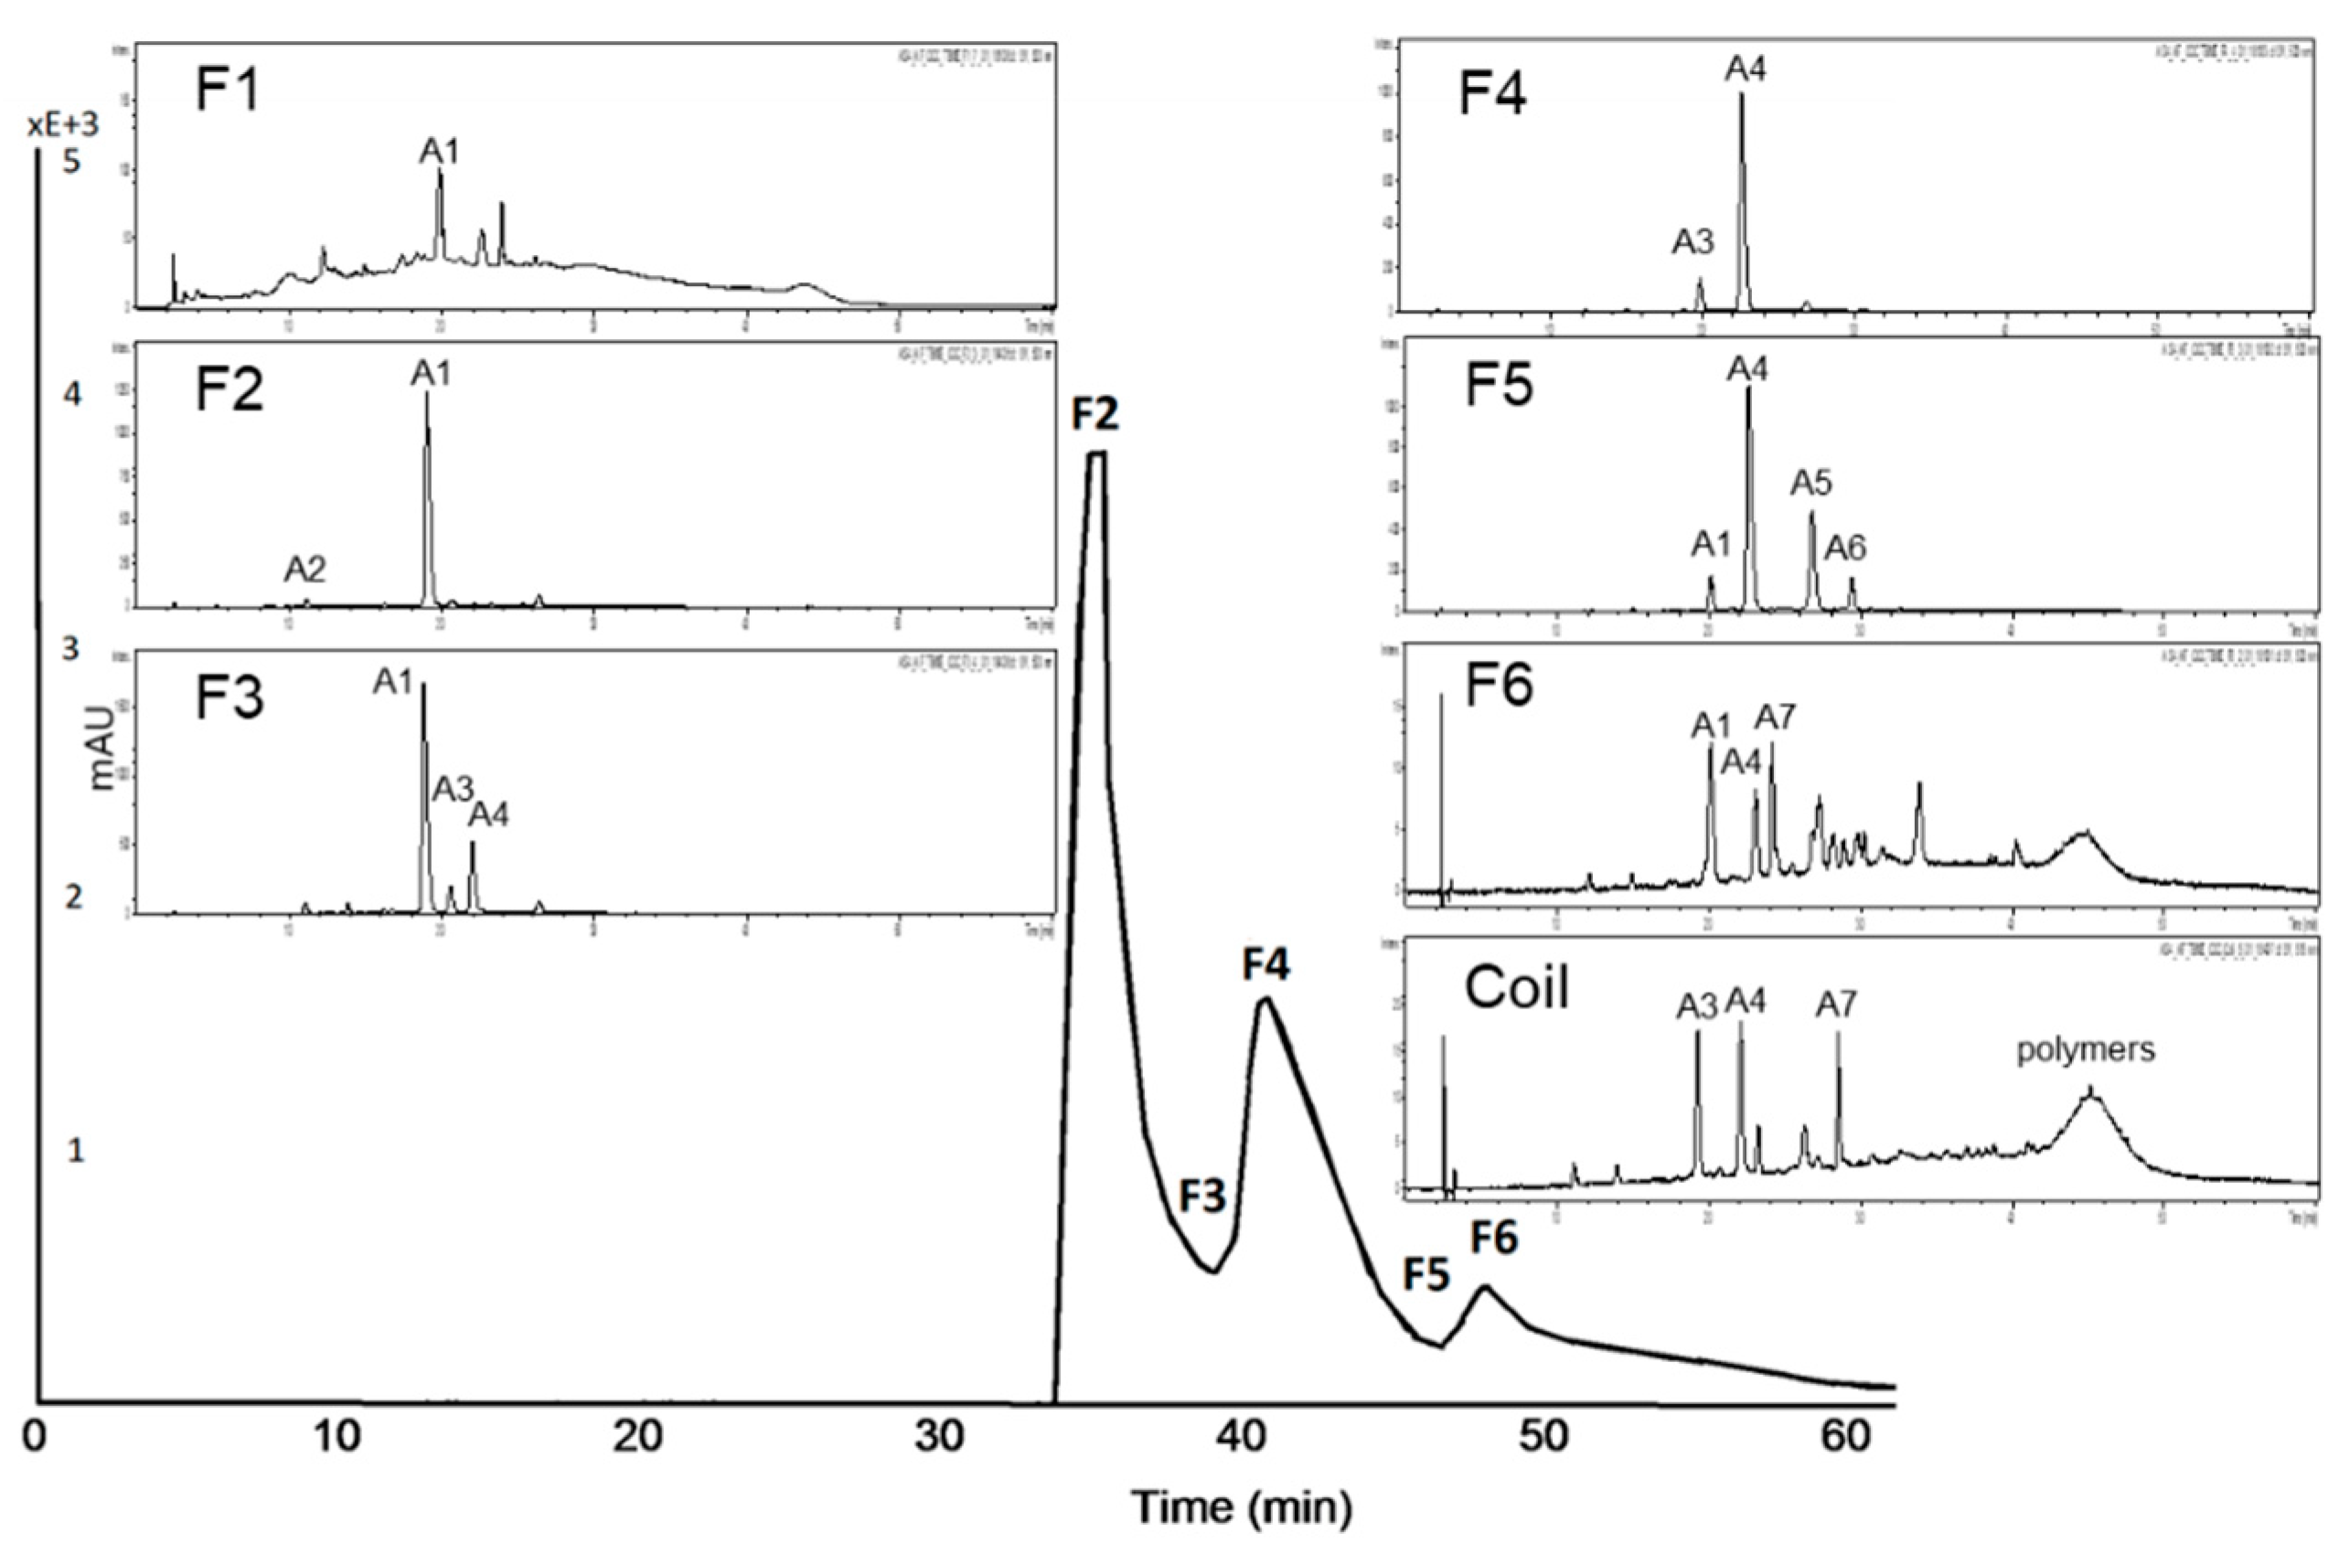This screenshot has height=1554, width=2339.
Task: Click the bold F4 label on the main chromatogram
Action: click(1266, 963)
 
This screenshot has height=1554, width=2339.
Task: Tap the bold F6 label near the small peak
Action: click(1492, 1237)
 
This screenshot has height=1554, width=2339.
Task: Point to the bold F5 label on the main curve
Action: click(1426, 1276)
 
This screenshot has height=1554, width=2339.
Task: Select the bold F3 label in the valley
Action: click(1202, 1197)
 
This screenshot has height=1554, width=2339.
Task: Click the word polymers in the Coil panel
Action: click(2086, 1049)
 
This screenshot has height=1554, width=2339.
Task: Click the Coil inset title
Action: click(1516, 988)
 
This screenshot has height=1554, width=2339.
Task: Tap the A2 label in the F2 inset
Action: click(304, 569)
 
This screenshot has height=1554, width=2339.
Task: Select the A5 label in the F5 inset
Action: click(1810, 484)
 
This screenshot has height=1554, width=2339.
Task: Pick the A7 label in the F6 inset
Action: click(1775, 716)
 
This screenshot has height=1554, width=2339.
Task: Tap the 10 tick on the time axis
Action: click(338, 1436)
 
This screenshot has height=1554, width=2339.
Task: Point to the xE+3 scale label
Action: click(63, 125)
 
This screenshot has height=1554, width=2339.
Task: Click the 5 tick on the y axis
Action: click(71, 161)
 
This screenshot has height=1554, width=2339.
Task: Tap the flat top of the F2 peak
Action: click(1096, 454)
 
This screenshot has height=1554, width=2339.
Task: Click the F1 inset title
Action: click(228, 90)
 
